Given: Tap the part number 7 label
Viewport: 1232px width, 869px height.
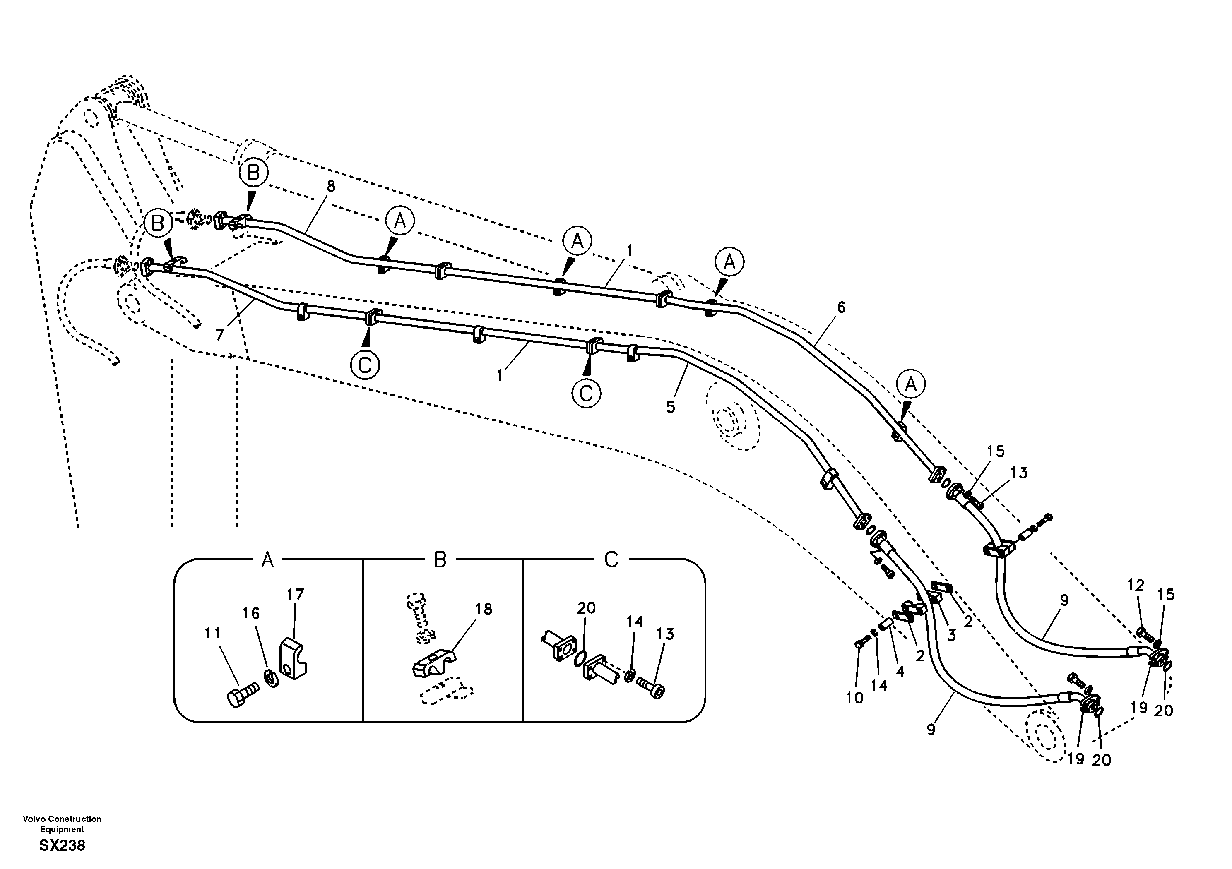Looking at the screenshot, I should click(219, 335).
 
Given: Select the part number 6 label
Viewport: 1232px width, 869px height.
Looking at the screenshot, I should click(841, 307).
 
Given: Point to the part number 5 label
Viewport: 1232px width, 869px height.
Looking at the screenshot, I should click(671, 407).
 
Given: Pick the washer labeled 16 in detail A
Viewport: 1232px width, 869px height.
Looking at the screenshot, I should click(272, 679).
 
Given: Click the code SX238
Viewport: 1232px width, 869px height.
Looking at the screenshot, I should click(62, 846).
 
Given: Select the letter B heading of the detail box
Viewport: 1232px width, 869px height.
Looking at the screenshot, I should click(440, 561).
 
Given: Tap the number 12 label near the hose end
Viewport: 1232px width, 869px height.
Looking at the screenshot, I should click(1136, 585).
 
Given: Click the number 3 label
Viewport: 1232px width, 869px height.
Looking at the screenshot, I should click(951, 636).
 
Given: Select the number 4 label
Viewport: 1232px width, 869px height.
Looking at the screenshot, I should click(900, 671).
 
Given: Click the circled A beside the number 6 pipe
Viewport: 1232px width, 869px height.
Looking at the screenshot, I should click(910, 384).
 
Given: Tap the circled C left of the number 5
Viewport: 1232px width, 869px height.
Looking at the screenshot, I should click(586, 394).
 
